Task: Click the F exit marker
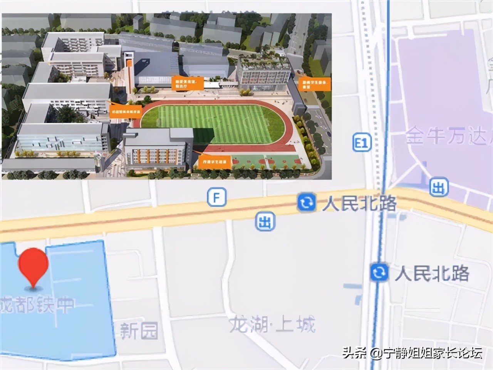point(216,198)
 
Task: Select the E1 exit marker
point(361,143)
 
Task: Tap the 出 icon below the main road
point(265,222)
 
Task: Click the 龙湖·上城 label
point(272,324)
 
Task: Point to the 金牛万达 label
point(447,136)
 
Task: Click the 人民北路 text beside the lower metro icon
point(432,273)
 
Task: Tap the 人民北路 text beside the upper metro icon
point(359,203)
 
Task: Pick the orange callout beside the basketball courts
point(215,162)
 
